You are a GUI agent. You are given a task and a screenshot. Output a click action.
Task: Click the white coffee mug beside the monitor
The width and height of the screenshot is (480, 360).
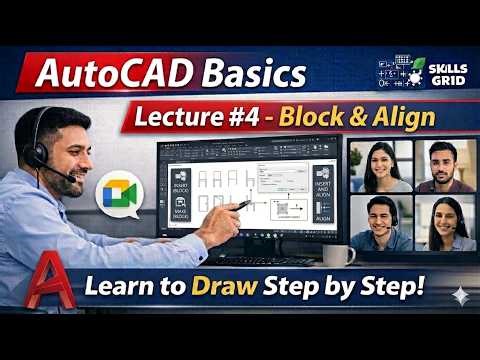coord(335,255)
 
